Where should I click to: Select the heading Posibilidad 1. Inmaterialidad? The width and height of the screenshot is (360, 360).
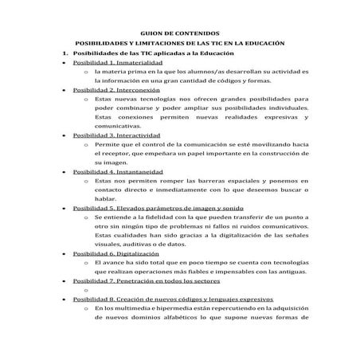[x=117, y=61]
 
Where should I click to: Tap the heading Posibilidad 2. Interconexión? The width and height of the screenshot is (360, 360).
[x=116, y=90]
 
